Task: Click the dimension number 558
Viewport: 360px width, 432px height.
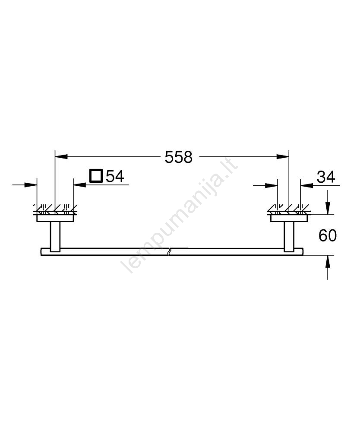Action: coord(179,157)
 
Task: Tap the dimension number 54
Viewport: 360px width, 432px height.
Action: coord(115,176)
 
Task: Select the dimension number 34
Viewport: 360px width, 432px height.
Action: coord(326,177)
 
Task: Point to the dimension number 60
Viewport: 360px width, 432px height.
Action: coord(328,235)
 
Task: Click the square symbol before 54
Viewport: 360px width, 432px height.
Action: coord(96,176)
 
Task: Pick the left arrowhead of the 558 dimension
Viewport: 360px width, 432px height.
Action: coord(61,156)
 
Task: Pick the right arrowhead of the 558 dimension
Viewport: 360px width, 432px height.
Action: coord(283,156)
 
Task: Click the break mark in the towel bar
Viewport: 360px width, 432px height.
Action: coord(170,252)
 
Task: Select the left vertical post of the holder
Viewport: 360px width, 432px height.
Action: coord(55,237)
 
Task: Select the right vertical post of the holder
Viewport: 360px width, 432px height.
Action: coord(289,237)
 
